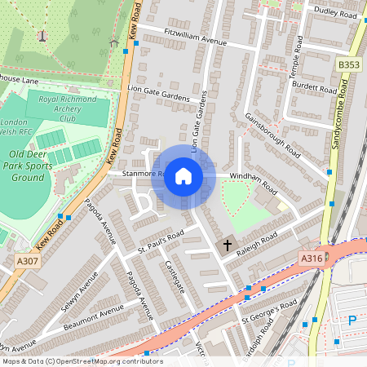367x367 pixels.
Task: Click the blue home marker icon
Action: (x=183, y=176)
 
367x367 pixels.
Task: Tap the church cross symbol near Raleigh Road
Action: (x=228, y=244)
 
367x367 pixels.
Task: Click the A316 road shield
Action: (x=312, y=259)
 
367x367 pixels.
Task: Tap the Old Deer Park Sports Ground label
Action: (x=38, y=166)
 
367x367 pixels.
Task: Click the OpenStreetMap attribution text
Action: (x=82, y=361)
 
